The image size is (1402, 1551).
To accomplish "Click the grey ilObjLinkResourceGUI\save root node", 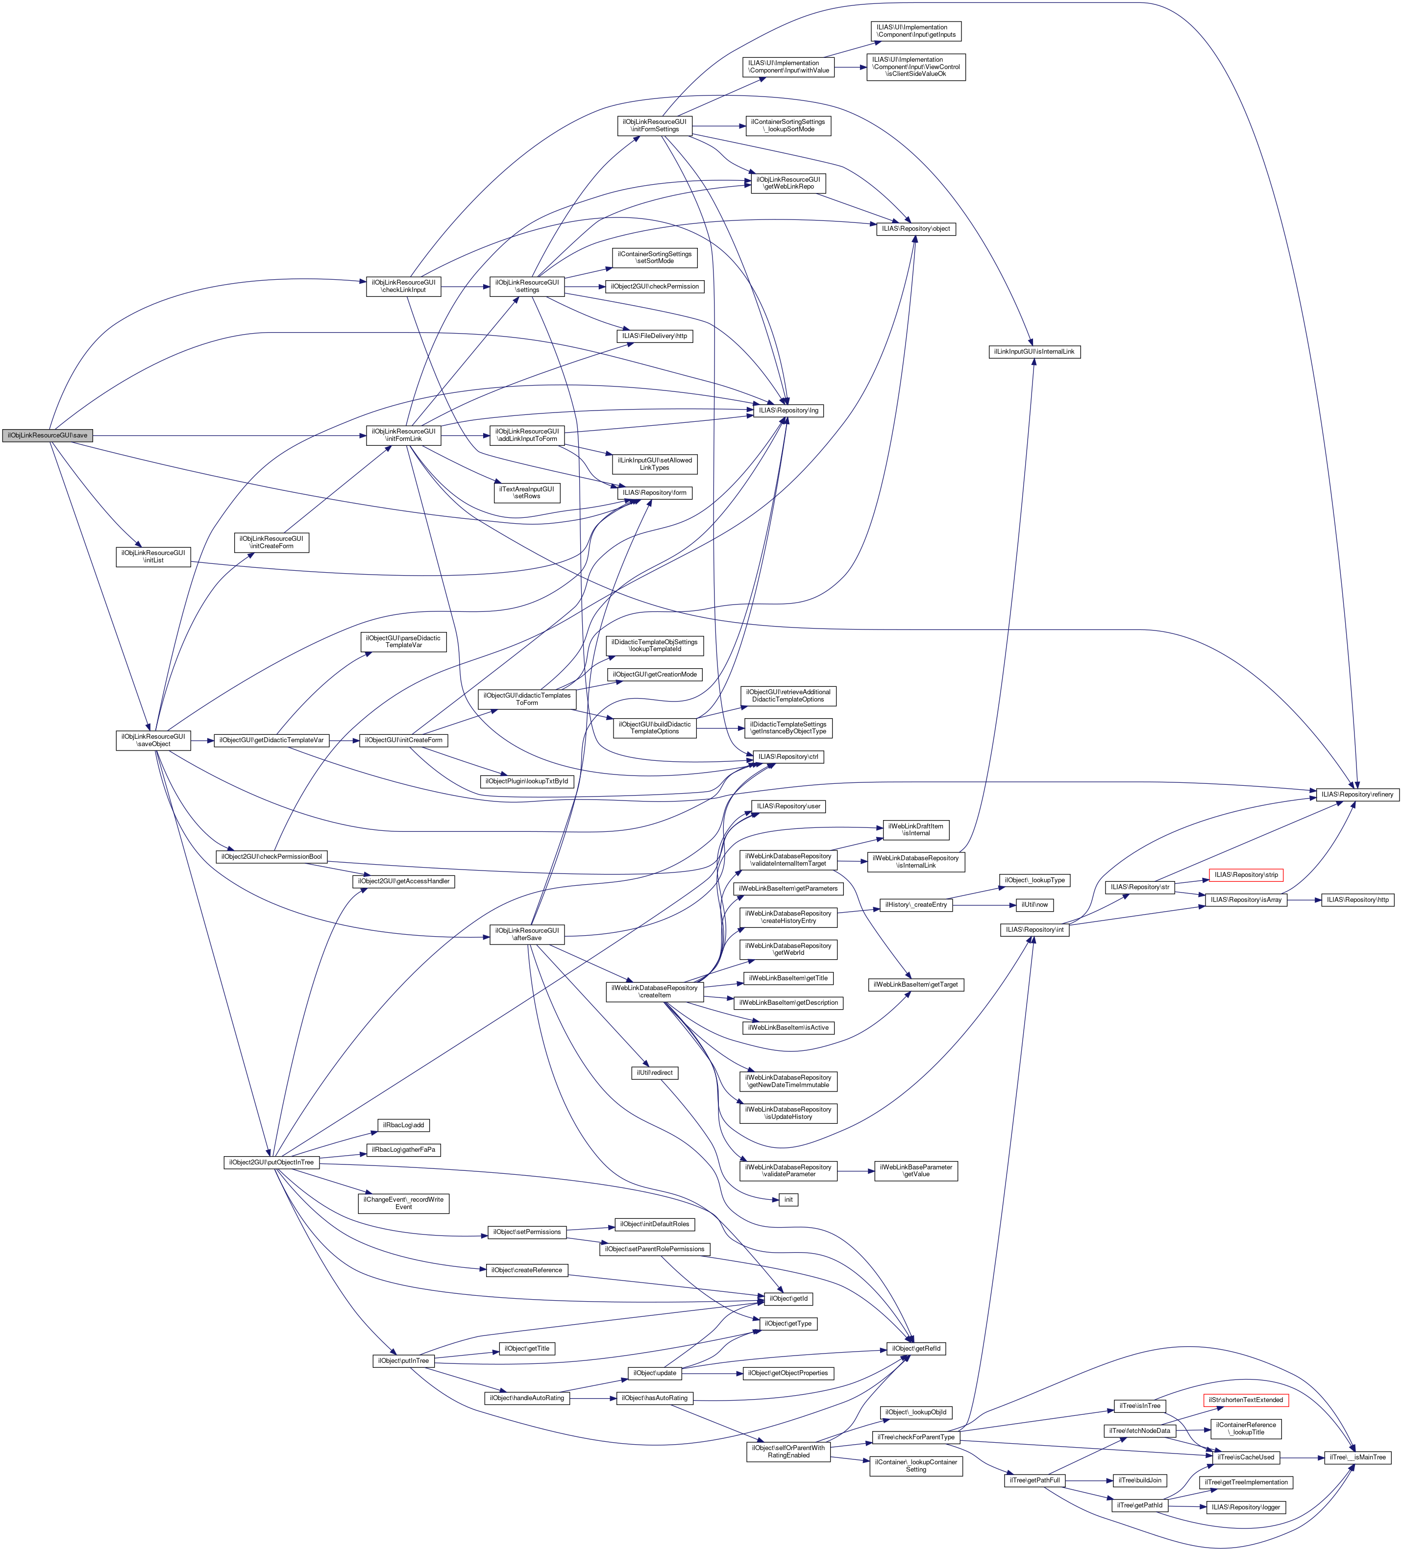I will tap(47, 436).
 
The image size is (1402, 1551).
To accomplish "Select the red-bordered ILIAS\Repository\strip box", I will tap(1246, 875).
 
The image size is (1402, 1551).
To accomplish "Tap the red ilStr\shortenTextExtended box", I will tap(1245, 1400).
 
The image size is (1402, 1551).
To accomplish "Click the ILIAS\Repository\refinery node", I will tap(1356, 794).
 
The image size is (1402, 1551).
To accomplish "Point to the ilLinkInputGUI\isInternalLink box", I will tap(1034, 352).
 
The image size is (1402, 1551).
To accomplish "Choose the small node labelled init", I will tap(788, 1199).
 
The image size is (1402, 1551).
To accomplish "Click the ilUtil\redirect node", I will tap(654, 1072).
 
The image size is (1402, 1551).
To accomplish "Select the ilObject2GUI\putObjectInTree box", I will tap(270, 1162).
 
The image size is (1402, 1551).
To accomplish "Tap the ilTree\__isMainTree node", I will tap(1356, 1457).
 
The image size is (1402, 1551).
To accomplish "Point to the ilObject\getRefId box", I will tap(916, 1349).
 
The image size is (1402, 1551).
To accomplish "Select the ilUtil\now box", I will tap(1034, 905).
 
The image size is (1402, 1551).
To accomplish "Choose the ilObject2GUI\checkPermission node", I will tap(654, 286).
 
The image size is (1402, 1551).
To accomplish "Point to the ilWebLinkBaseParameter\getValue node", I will tap(916, 1170).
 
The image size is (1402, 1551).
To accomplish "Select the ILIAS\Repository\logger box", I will tap(1245, 1507).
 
